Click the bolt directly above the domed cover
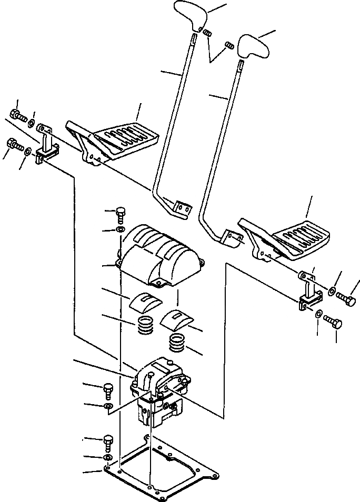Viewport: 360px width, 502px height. pos(121,214)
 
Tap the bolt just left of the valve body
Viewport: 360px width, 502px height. pos(108,390)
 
